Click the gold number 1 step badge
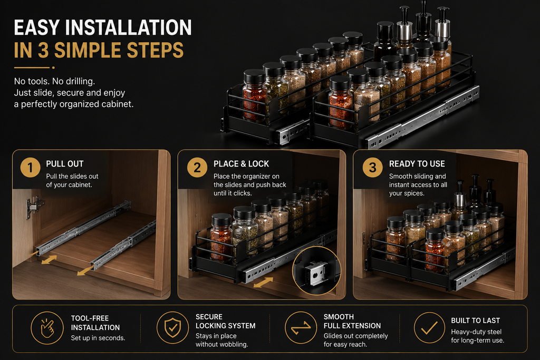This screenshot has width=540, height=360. pos(30,167)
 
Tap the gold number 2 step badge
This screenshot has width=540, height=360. pos(197,167)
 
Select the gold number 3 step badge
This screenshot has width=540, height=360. pos(373,167)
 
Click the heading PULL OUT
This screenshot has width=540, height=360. pos(65,164)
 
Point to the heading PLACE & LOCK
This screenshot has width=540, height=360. pos(241,164)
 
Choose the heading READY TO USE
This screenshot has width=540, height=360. pos(417,164)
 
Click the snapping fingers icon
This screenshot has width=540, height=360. pos(47,328)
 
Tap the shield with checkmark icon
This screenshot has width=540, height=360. pos(173,328)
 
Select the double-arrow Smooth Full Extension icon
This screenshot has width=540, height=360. pos(301,328)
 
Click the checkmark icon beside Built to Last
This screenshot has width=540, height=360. pos(430,328)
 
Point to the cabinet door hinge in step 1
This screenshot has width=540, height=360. pos(34,207)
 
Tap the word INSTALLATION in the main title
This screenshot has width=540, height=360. pos(128,27)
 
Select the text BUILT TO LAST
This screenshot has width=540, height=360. pos(475,320)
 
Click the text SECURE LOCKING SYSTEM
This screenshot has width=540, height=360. pos(226,321)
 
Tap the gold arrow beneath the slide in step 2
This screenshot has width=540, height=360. pos(263,283)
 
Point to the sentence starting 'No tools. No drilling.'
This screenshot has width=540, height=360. pos(54,81)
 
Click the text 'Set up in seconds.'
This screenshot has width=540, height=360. pos(98,338)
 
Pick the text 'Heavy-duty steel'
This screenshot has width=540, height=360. pos(476,332)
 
